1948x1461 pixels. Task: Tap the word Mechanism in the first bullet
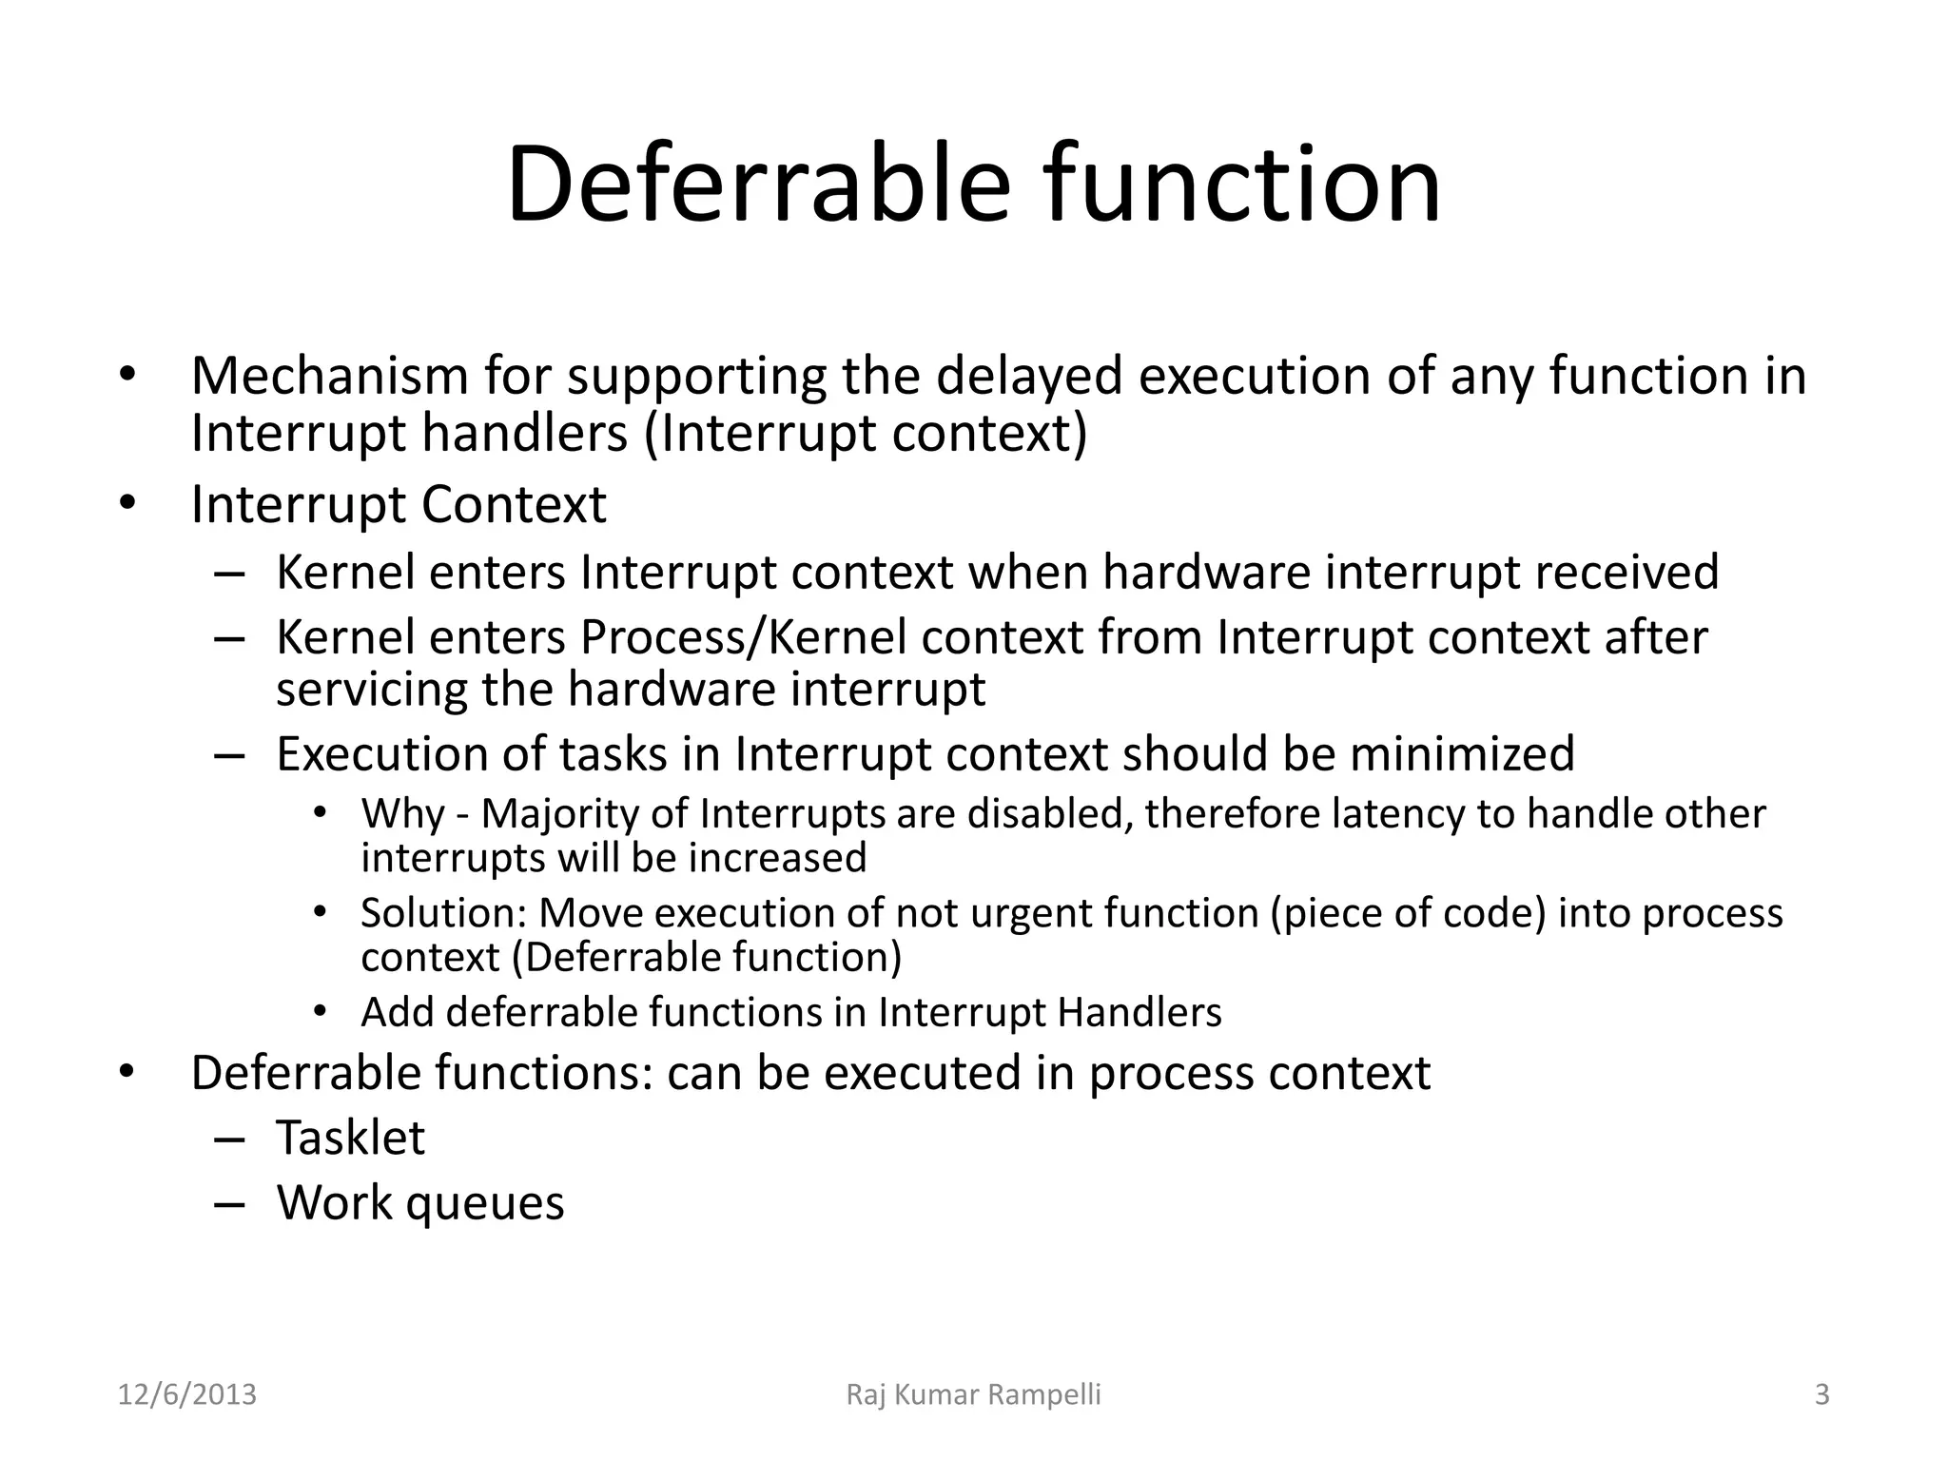[x=329, y=376]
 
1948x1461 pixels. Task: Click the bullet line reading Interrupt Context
[x=398, y=504]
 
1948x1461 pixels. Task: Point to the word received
[x=1627, y=573]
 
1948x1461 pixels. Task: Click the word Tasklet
[x=350, y=1138]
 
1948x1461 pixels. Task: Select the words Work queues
[x=420, y=1202]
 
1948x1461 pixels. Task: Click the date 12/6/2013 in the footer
[x=187, y=1395]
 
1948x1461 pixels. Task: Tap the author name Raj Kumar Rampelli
[x=973, y=1395]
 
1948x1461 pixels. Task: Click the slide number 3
[x=1821, y=1395]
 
